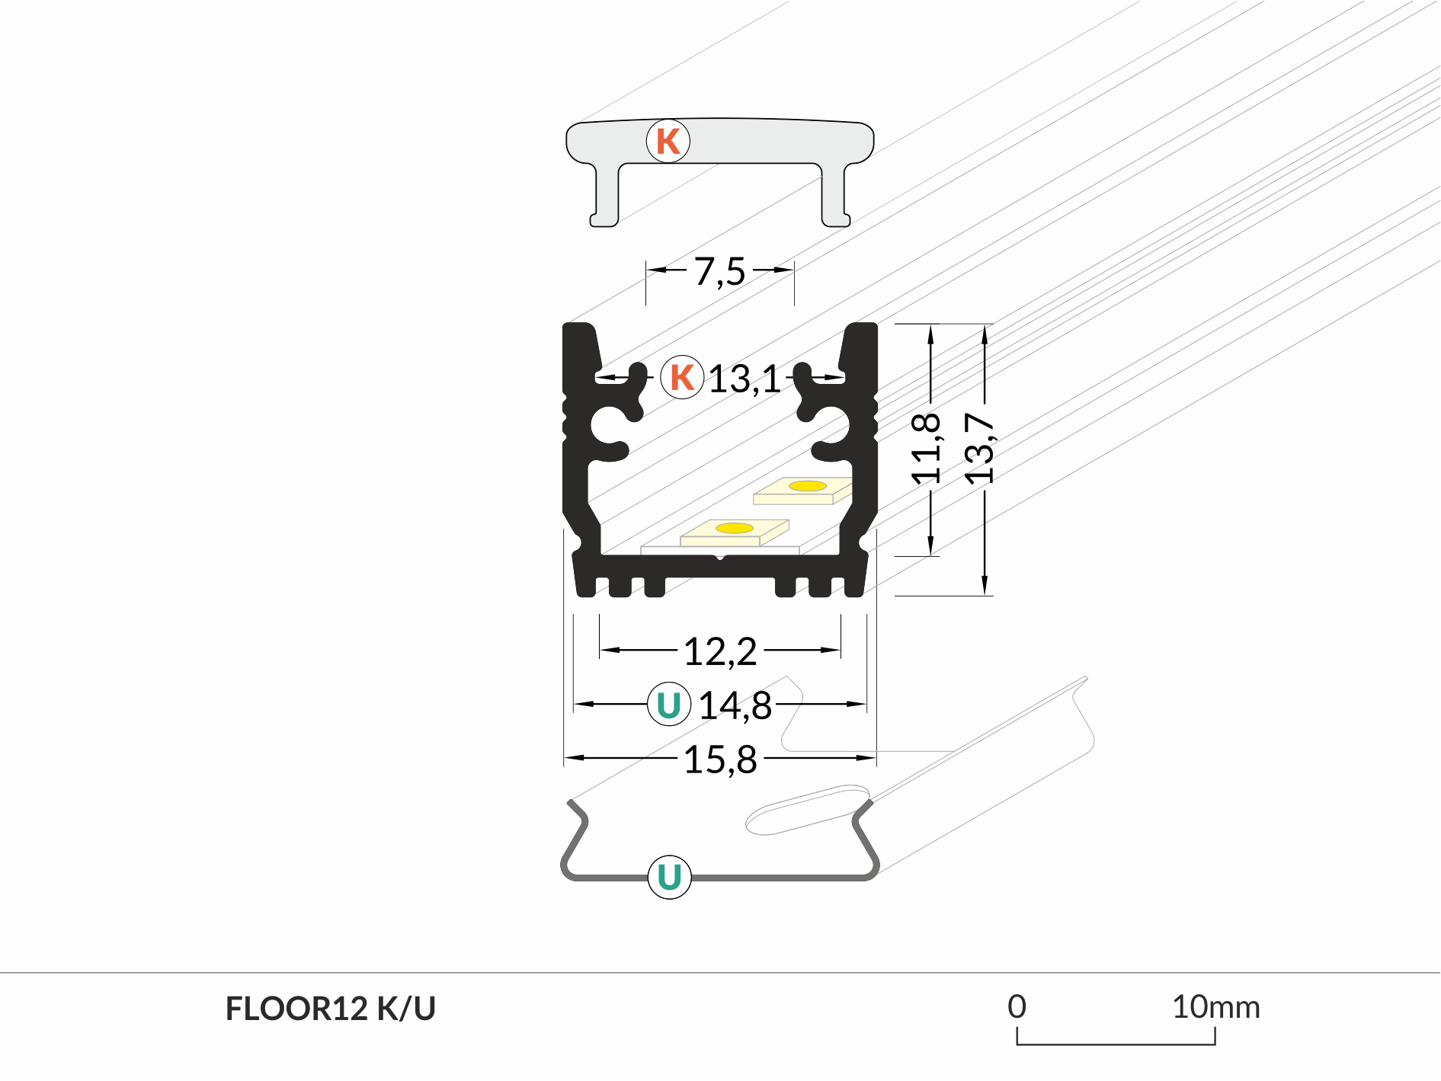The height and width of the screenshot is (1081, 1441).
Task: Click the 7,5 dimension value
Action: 719,271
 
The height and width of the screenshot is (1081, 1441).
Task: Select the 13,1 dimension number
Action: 745,379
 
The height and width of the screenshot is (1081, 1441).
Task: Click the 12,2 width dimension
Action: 720,652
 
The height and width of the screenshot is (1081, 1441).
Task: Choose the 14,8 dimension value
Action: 735,705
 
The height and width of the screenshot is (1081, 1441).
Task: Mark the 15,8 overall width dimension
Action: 720,760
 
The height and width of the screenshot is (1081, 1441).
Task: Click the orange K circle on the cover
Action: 668,141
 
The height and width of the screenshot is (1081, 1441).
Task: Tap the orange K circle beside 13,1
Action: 682,377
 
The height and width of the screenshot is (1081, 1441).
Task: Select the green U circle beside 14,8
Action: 669,705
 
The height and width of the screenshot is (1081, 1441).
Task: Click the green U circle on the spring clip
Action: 669,877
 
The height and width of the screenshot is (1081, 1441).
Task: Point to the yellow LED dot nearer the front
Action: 735,528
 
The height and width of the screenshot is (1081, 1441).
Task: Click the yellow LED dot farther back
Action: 807,486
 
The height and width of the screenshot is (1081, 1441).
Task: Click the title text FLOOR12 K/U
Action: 330,1009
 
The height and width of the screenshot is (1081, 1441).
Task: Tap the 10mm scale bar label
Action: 1215,1007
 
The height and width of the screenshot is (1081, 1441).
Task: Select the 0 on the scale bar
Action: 1017,1007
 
